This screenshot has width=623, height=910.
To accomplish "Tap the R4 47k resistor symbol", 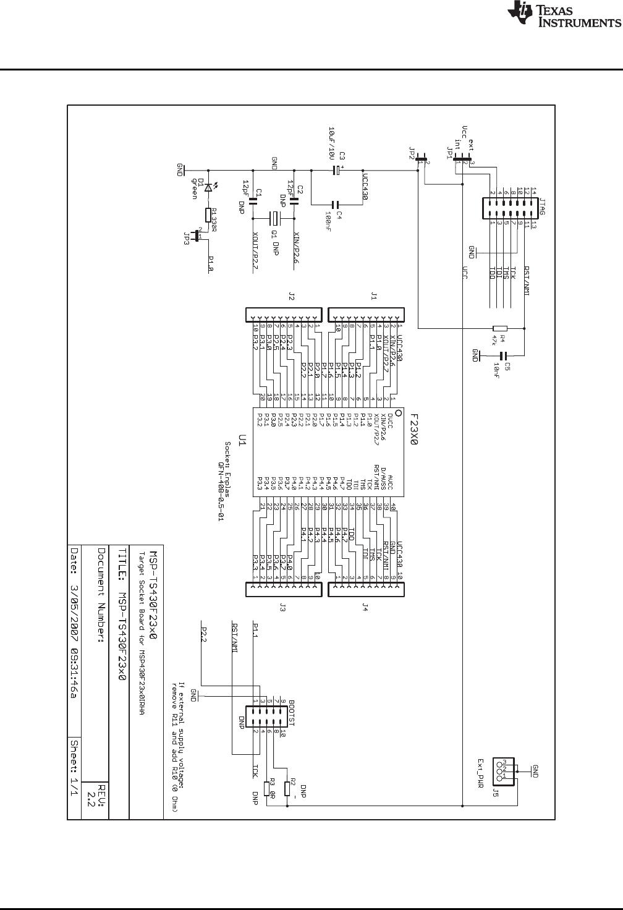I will [499, 329].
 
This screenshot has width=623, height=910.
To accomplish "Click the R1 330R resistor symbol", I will [209, 215].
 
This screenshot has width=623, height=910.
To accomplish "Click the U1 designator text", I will [243, 440].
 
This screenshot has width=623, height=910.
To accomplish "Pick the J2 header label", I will [290, 297].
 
